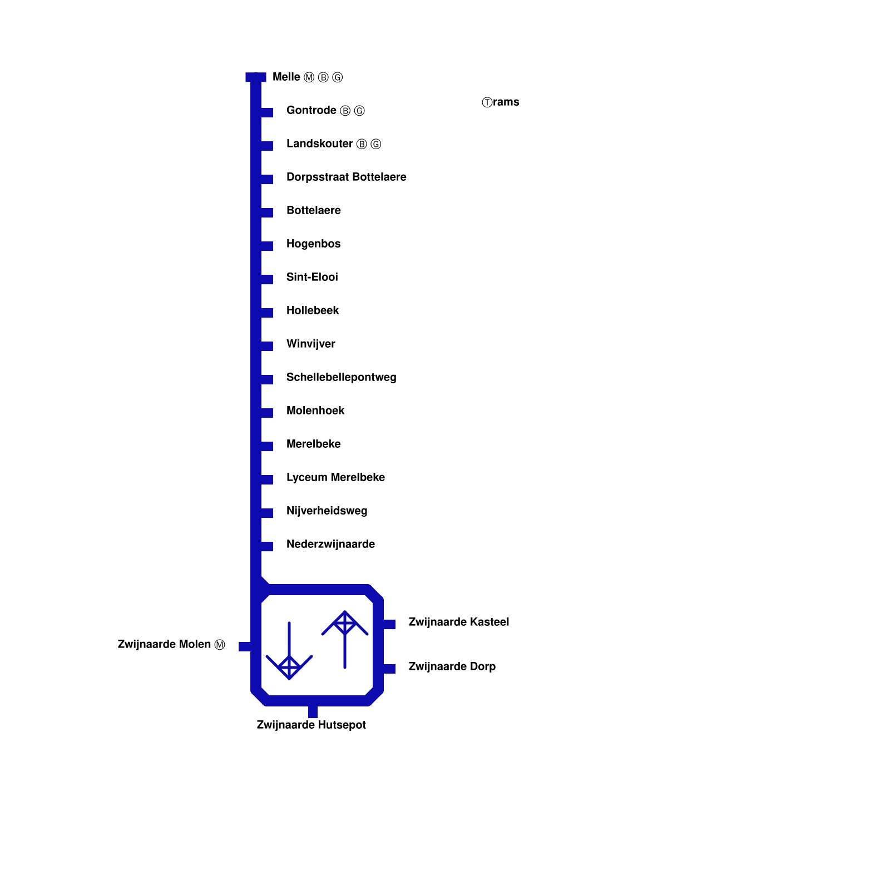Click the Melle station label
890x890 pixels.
[x=286, y=77]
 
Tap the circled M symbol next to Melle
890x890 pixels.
[x=309, y=78]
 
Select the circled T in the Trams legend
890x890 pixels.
[x=487, y=102]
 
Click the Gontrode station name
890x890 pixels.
[x=311, y=111]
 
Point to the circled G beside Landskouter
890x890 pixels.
[x=376, y=145]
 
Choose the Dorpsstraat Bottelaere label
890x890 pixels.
[x=346, y=177]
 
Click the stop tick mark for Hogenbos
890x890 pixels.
[x=267, y=246]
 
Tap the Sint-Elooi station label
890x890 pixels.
[x=312, y=278]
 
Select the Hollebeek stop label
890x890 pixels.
[x=313, y=311]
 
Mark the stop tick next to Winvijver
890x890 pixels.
[x=267, y=346]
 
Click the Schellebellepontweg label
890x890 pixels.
[x=341, y=378]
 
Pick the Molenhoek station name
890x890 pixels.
[x=315, y=411]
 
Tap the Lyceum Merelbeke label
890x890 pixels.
[x=335, y=478]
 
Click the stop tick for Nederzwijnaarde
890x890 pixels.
[x=267, y=546]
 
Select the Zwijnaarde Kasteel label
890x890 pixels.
[x=458, y=622]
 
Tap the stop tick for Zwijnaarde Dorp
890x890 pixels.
[x=389, y=669]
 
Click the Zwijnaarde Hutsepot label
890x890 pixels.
[x=311, y=725]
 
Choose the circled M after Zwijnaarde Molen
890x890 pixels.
[x=220, y=645]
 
